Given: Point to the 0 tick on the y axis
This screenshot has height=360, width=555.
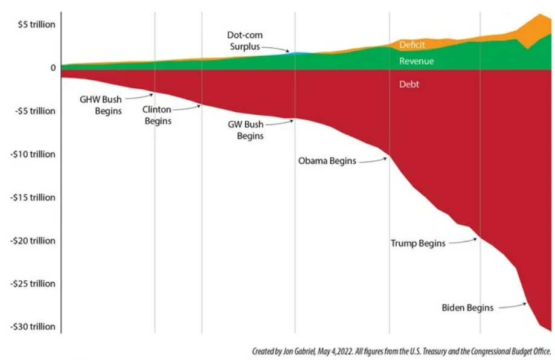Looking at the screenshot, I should tap(53, 68).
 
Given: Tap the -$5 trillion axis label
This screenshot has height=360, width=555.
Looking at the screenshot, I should tap(34, 111).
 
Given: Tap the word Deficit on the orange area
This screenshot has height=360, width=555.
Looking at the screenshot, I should tap(412, 45).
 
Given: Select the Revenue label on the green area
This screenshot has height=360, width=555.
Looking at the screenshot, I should tap(416, 61).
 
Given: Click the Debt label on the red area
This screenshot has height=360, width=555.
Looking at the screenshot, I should tap(409, 85).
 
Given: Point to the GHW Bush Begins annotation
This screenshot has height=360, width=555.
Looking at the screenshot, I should tap(101, 104).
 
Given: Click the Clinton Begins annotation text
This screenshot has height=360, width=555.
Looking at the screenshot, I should tap(157, 115).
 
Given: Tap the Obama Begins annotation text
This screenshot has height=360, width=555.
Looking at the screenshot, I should tap(327, 161).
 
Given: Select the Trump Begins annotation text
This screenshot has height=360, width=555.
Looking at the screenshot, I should tap(418, 243).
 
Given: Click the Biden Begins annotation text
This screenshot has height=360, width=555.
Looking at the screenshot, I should tap(467, 307).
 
